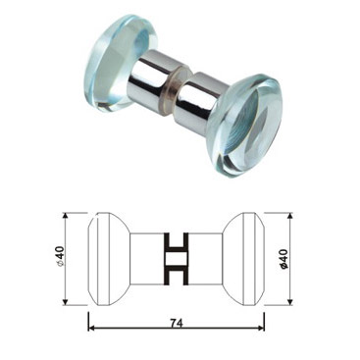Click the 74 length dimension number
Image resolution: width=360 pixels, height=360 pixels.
(177, 323)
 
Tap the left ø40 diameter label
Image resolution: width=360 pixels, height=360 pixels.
(60, 256)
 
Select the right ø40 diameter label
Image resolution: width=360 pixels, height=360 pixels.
(283, 259)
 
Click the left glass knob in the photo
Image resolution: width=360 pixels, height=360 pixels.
(122, 63)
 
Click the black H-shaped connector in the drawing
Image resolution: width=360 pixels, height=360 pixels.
(177, 258)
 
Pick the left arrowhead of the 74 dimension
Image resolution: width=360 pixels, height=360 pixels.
(92, 327)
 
